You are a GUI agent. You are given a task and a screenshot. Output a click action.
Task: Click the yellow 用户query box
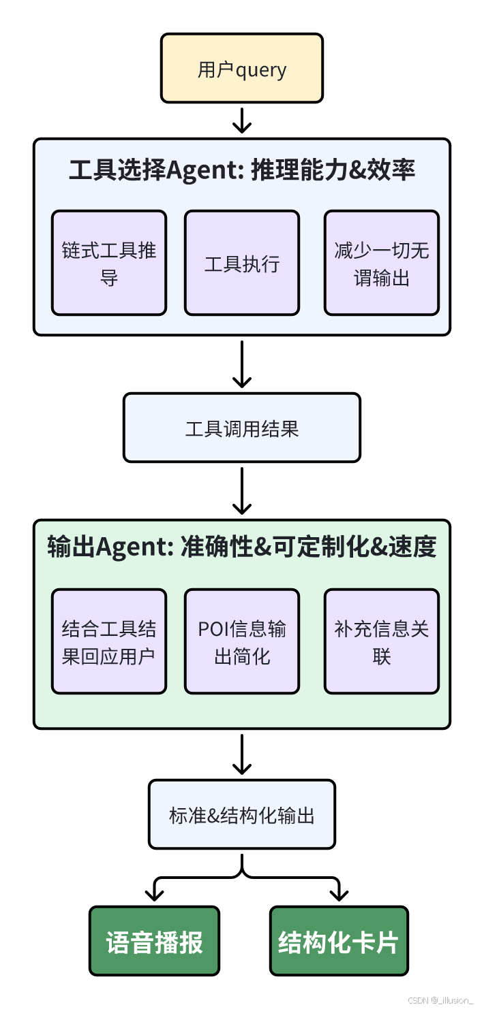point(241,69)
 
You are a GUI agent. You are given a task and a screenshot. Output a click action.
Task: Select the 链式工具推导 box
point(109,263)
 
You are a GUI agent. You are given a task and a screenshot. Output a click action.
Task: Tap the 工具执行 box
point(241,263)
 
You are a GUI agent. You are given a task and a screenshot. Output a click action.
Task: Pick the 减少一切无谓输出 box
point(381,263)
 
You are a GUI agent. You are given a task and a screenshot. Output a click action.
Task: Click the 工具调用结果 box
point(241,428)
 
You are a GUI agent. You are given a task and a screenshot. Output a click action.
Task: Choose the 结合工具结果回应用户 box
point(109,641)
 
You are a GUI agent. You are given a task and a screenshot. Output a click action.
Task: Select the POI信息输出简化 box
point(241,641)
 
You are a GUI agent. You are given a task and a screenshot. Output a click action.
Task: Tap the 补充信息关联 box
point(381,641)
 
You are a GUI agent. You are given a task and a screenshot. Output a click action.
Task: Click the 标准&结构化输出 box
point(241,814)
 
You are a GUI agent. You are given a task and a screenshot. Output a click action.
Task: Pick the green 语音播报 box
point(155,940)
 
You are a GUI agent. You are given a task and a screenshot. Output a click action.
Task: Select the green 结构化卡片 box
point(339,940)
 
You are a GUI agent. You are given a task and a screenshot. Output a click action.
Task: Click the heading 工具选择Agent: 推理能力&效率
point(241,171)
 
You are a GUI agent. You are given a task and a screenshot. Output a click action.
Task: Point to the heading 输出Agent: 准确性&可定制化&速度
point(241,547)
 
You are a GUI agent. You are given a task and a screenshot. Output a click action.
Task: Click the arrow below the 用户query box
point(242,121)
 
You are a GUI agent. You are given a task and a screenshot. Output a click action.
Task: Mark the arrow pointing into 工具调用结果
point(242,364)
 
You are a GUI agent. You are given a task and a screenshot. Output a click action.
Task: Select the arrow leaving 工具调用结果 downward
point(242,491)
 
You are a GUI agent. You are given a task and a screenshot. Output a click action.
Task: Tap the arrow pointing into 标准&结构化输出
point(242,754)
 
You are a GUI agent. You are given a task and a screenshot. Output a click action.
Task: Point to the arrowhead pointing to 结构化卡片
point(338,893)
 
